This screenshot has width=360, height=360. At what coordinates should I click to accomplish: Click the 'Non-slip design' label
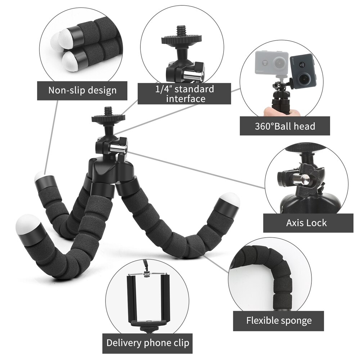(x=82, y=90)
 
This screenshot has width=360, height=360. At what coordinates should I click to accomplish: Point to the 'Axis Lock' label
(x=306, y=223)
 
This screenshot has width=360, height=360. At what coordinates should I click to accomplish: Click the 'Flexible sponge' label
(x=279, y=320)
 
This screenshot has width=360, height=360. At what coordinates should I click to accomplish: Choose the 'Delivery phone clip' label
(x=147, y=342)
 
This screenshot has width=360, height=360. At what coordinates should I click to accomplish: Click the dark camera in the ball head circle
(x=303, y=71)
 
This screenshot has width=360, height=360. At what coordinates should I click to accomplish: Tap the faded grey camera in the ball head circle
(x=272, y=64)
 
